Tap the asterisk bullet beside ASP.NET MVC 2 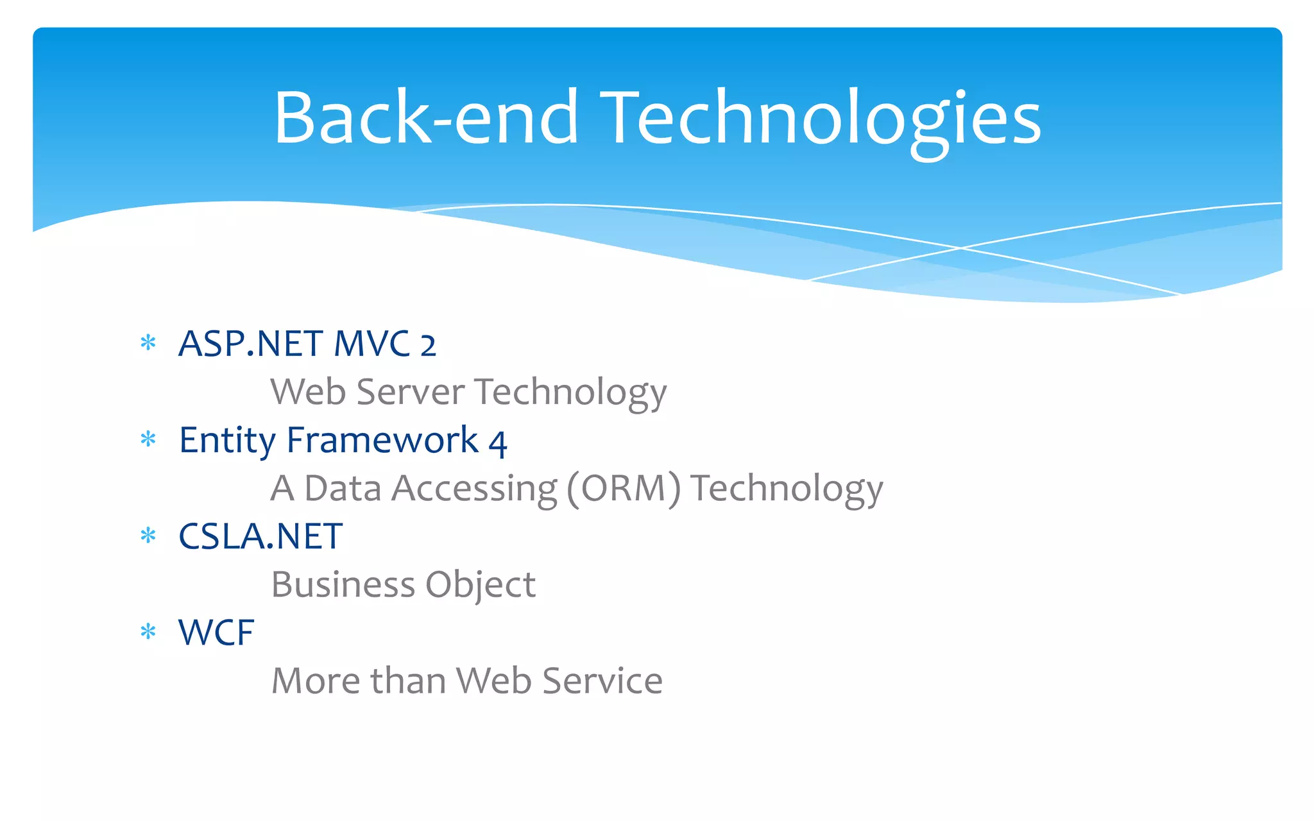[x=148, y=343]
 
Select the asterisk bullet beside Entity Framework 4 [x=148, y=439]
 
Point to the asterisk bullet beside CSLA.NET [x=148, y=536]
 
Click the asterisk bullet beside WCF [x=148, y=632]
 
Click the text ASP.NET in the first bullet [x=251, y=344]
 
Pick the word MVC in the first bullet [x=372, y=344]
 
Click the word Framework [x=382, y=440]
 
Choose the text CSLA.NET [x=260, y=536]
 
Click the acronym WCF [x=216, y=632]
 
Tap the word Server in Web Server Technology [x=411, y=392]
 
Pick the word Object [x=480, y=586]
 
